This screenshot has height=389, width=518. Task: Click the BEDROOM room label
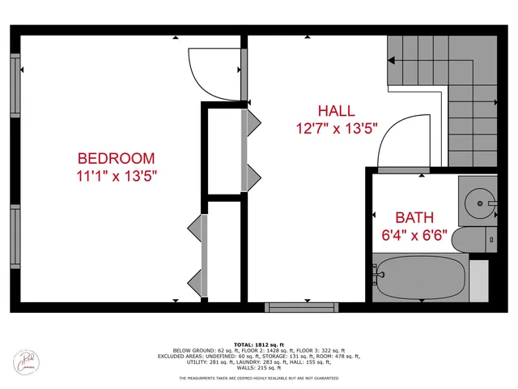[116, 158]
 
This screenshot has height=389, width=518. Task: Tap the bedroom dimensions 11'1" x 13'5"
[116, 176]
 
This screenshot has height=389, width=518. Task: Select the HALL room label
[335, 111]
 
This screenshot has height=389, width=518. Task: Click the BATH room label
[414, 217]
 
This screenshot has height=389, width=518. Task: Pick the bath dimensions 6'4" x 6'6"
[414, 235]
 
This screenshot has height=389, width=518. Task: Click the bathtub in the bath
[419, 277]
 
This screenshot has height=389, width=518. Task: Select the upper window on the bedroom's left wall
[15, 85]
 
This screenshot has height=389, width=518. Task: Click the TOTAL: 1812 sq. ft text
[260, 345]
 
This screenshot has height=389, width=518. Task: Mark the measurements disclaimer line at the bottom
[259, 378]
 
